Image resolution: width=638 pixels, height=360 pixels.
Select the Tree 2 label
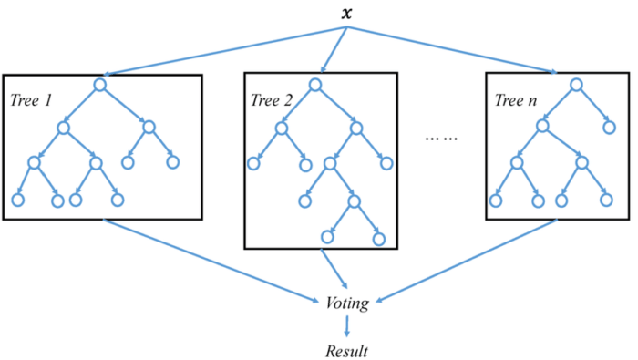tap(271, 98)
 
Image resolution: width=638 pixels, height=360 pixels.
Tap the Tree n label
tap(515, 98)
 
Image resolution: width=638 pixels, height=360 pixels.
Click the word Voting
tap(346, 303)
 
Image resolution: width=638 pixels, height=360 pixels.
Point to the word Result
tap(346, 349)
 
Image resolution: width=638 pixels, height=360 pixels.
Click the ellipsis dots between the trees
tap(441, 139)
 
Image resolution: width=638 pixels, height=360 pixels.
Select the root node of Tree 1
tap(100, 86)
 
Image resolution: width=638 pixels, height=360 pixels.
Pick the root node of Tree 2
tap(315, 85)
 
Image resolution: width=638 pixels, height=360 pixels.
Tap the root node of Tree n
tap(576, 85)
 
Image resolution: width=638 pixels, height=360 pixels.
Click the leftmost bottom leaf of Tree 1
tap(17, 199)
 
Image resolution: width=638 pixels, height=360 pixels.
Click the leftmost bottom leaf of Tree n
tap(496, 199)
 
